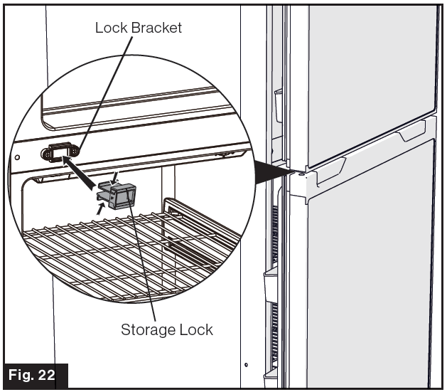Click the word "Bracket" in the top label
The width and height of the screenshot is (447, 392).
pos(156,28)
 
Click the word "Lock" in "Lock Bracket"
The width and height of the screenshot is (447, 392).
pos(111,28)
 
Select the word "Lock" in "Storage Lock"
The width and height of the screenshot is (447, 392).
pos(195,329)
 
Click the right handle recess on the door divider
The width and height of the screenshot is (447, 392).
pos(411,132)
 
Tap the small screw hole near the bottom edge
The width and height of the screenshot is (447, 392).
pos(245,365)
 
